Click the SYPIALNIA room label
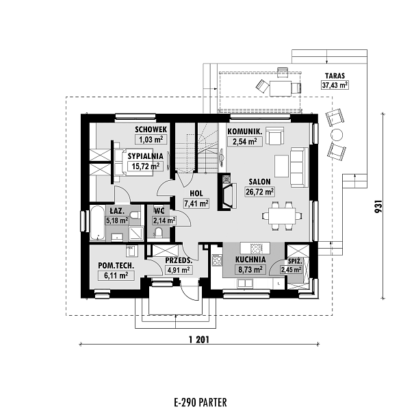144,155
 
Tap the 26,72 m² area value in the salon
260,192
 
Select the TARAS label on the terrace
335,75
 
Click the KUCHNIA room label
250,260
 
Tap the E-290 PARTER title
200,401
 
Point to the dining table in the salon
281,216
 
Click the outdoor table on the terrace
279,87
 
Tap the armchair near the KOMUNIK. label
275,136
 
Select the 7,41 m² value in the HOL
196,203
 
